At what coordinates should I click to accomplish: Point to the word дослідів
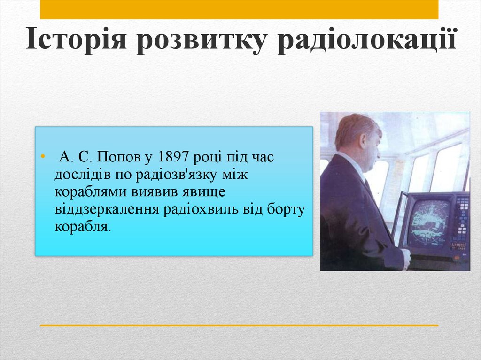[80, 175]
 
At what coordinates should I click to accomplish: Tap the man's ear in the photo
[363, 140]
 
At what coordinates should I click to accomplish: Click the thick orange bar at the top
[239, 9]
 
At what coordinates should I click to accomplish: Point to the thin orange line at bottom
[239, 325]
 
